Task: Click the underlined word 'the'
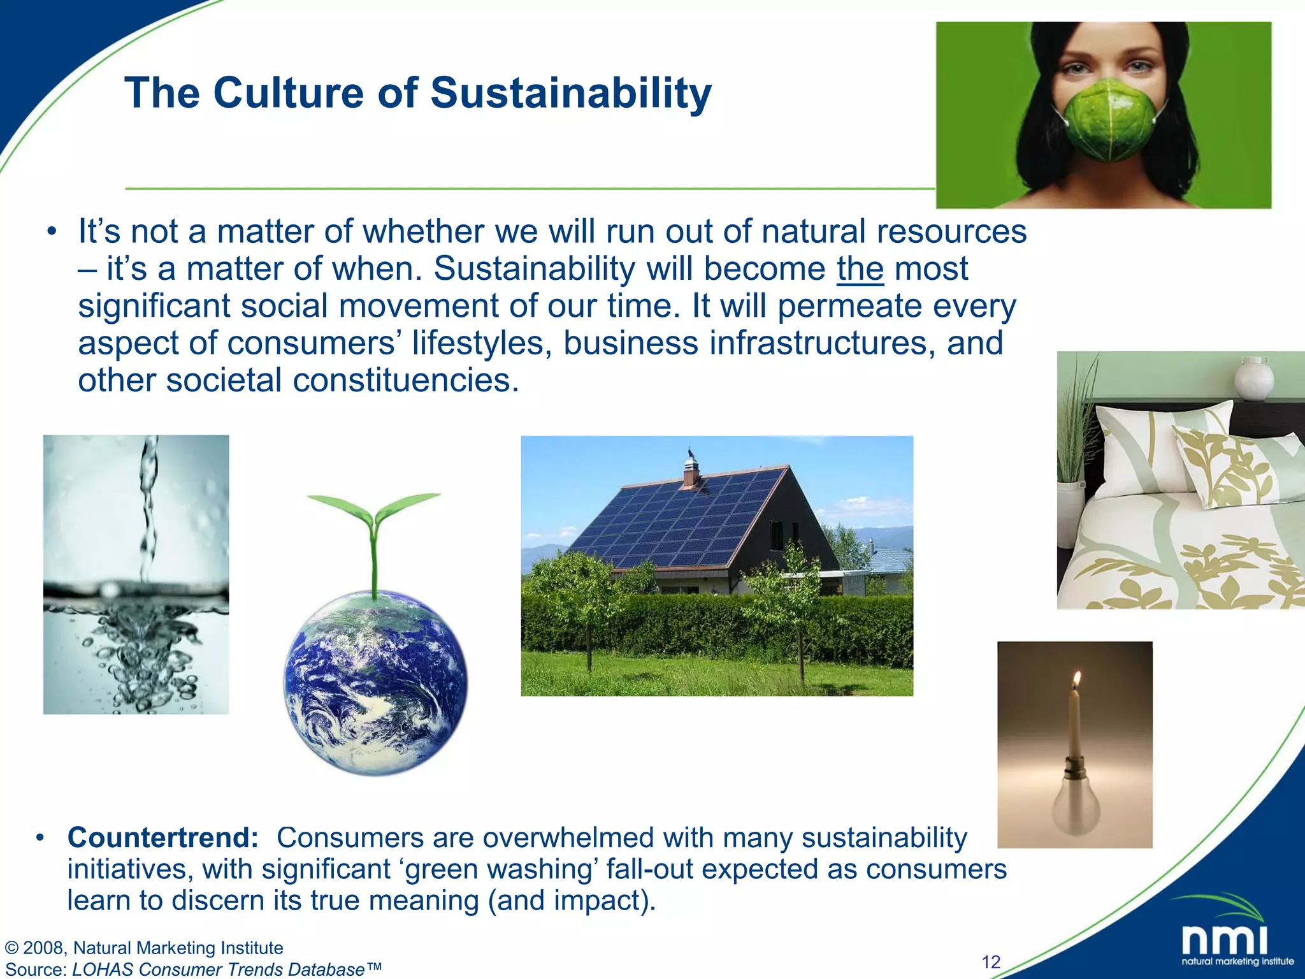point(860,268)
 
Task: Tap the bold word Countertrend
point(162,838)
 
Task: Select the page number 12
point(991,962)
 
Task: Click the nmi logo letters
point(1224,940)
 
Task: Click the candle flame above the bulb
point(1077,679)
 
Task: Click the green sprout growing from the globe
point(374,535)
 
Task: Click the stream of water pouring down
point(148,504)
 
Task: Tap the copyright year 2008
point(43,948)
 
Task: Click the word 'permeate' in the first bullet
point(849,306)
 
